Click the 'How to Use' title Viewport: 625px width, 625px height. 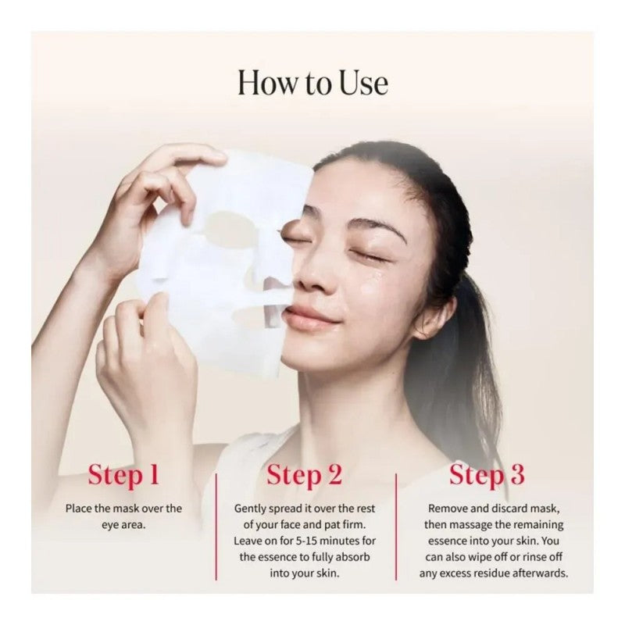point(312,82)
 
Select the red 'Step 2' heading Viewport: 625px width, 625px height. point(304,475)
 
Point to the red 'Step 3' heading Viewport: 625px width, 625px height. point(487,475)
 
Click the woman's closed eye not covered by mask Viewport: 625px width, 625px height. point(372,255)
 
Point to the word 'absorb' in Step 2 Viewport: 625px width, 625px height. point(352,557)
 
